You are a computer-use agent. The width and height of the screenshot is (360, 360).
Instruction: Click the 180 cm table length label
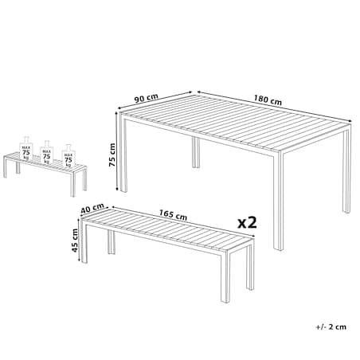(x=268, y=100)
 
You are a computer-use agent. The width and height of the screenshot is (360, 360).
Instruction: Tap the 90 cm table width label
(x=146, y=98)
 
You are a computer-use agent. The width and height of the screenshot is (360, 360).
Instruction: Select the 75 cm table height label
(x=112, y=155)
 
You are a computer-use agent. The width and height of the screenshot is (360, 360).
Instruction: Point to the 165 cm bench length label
(x=173, y=215)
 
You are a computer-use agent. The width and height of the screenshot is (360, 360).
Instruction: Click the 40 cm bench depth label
(x=92, y=209)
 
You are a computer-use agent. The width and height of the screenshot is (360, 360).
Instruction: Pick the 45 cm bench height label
(x=75, y=241)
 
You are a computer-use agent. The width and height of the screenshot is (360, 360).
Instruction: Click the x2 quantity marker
(x=247, y=222)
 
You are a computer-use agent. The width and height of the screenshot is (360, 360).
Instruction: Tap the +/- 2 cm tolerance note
(x=331, y=327)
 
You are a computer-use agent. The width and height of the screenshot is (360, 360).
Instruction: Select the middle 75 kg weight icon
(x=47, y=152)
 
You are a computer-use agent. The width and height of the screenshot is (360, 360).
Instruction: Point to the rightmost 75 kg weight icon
(x=68, y=156)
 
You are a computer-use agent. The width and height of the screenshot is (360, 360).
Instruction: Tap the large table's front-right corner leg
(x=278, y=201)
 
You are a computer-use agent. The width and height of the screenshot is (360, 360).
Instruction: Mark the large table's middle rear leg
(x=196, y=152)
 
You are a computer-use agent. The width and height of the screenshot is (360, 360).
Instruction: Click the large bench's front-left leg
(x=84, y=242)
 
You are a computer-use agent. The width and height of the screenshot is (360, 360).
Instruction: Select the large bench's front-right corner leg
(x=225, y=277)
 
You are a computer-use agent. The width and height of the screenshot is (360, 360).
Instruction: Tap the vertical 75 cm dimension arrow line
(x=117, y=151)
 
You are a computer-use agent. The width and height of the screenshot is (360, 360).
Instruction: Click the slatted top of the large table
(x=236, y=123)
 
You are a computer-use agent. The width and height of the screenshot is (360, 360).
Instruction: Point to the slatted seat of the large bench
(x=168, y=229)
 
